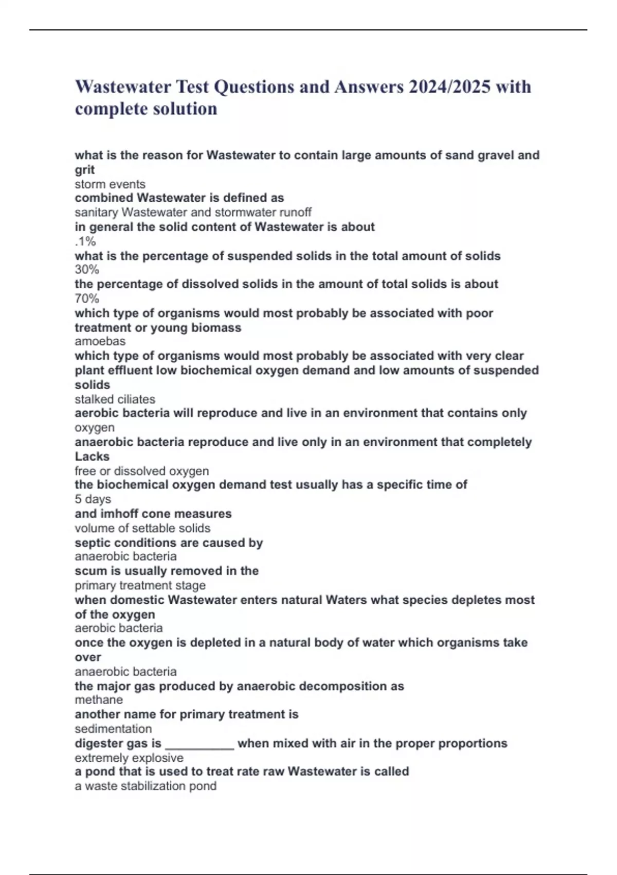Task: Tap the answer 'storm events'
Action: tap(110, 184)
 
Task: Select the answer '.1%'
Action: tap(85, 241)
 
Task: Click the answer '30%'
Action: tap(87, 270)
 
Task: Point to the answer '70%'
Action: tap(87, 299)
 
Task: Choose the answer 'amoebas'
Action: tap(100, 341)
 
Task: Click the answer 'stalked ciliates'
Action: tap(115, 399)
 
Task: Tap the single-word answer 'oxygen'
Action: tap(95, 428)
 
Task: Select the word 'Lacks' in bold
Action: tap(92, 457)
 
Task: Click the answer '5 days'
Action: tap(93, 499)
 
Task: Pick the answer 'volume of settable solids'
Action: tap(142, 528)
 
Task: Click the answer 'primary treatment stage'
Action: tap(140, 585)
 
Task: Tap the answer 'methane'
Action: tap(99, 700)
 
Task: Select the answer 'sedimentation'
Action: tap(113, 729)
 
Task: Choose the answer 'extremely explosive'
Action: tap(129, 758)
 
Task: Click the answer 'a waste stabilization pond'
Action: tap(146, 786)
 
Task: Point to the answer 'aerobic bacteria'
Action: tap(119, 628)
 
